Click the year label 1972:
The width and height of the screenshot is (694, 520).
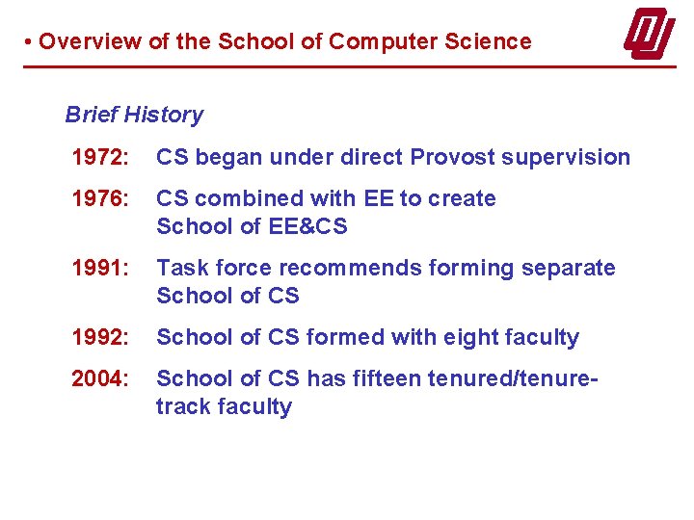pyautogui.click(x=98, y=157)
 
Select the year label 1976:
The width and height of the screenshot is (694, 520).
pyautogui.click(x=98, y=198)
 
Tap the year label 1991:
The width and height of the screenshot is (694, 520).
pyautogui.click(x=98, y=268)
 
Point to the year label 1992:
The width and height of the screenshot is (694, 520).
pyautogui.click(x=98, y=337)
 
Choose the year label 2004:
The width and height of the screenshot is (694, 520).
pyautogui.click(x=98, y=378)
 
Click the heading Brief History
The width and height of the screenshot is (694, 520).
pyautogui.click(x=134, y=115)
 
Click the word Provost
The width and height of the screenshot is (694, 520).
pyautogui.click(x=451, y=157)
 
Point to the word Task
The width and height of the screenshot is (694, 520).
pyautogui.click(x=179, y=268)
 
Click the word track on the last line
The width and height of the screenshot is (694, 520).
pyautogui.click(x=183, y=406)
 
